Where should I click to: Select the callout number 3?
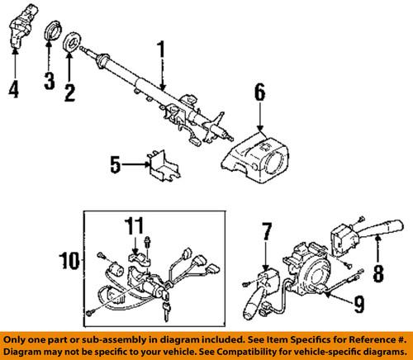tap(49, 81)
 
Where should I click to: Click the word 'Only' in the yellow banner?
tap(18, 340)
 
